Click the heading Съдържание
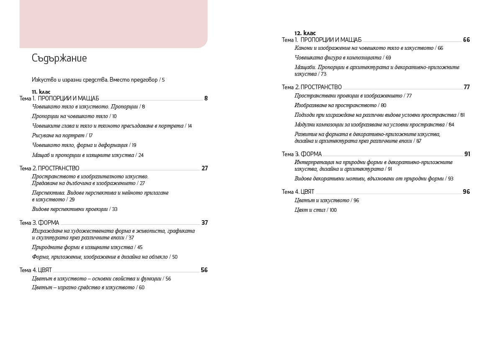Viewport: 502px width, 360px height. pos(59,58)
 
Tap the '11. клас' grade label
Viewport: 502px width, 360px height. pos(41,92)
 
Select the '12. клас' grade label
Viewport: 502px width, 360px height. pos(305,33)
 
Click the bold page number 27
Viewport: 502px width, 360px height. pos(205,168)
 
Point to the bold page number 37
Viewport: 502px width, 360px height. pos(205,223)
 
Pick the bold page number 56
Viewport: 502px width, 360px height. pos(204,270)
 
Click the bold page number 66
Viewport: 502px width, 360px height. pos(466,40)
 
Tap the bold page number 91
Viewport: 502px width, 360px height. pos(467,154)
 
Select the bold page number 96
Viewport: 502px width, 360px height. pos(466,192)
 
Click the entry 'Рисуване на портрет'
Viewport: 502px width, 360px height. pos(58,136)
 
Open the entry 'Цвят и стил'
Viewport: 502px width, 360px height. pos(310,210)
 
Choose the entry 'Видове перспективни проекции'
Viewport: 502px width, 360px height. pos(70,209)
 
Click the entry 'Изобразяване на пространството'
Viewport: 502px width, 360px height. pos(336,105)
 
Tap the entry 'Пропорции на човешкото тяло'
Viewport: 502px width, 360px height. pos(70,116)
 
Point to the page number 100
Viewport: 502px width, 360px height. pos(333,211)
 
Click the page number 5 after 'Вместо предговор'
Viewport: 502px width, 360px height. pos(163,80)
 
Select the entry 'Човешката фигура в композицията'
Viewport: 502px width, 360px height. pos(338,58)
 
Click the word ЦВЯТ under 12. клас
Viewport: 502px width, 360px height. pos(307,192)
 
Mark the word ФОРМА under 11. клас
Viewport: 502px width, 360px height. pos(49,223)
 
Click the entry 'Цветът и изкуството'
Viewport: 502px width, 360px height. pos(322,201)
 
